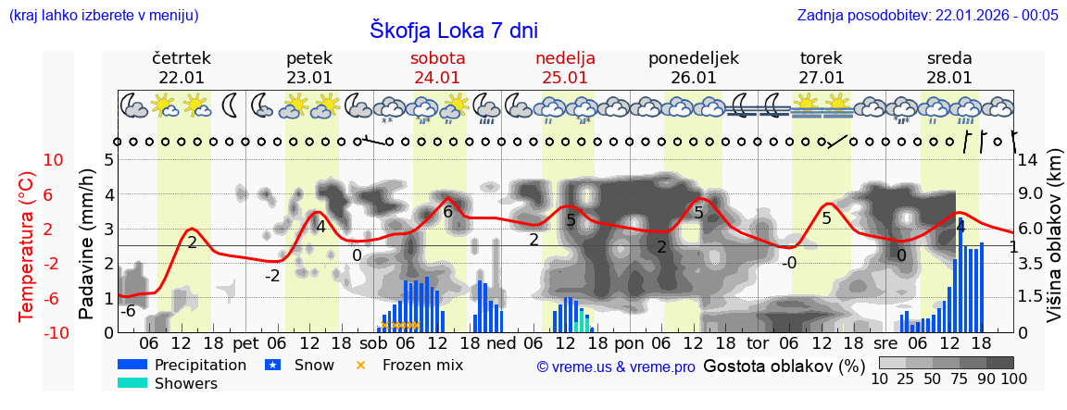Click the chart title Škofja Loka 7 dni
[454, 30]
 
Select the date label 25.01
[565, 78]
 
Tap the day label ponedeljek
[693, 58]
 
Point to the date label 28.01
[949, 78]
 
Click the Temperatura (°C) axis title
[27, 246]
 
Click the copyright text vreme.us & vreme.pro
[616, 367]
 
